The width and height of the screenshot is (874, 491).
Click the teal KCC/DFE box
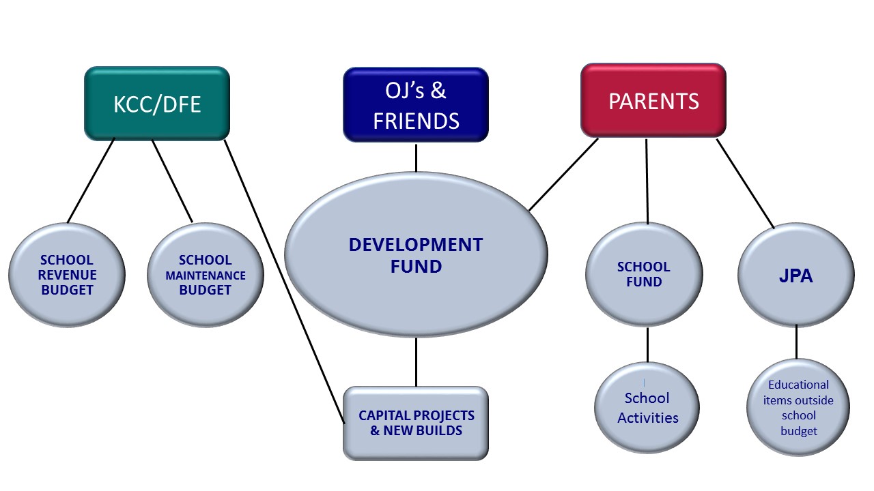157,104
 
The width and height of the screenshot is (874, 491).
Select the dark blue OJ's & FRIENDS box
416,105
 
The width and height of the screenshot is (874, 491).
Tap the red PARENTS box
653,100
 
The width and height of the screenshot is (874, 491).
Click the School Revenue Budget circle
67,275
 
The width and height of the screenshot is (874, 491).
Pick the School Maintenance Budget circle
206,275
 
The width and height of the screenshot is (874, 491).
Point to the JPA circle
796,275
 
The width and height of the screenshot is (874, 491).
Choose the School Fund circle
644,274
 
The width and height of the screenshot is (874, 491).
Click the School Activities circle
647,408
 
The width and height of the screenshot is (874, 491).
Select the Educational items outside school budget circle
798,407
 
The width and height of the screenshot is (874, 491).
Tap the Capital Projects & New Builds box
416,423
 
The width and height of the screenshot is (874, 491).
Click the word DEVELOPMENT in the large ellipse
416,245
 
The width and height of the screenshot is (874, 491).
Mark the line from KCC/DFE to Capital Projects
285,282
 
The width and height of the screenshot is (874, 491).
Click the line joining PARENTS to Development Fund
563,175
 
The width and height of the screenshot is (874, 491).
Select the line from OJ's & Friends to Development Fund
416,158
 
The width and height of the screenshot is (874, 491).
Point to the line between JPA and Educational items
796,342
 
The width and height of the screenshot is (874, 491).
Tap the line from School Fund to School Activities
648,344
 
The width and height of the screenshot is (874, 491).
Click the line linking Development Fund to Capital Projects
416,362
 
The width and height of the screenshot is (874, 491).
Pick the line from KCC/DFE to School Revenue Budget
91,181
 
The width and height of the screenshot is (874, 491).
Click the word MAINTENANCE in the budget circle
206,276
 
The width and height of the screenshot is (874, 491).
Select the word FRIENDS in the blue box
416,121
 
